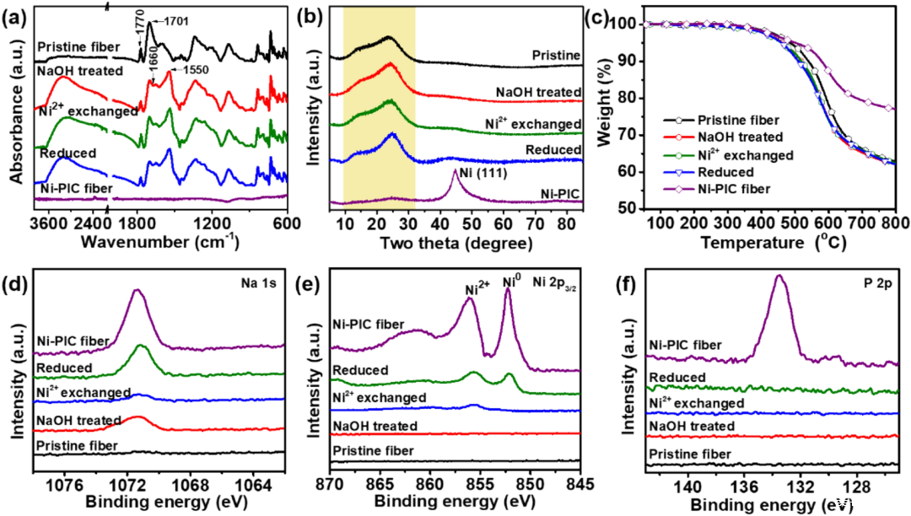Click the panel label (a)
16,13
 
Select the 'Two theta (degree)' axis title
456,245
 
